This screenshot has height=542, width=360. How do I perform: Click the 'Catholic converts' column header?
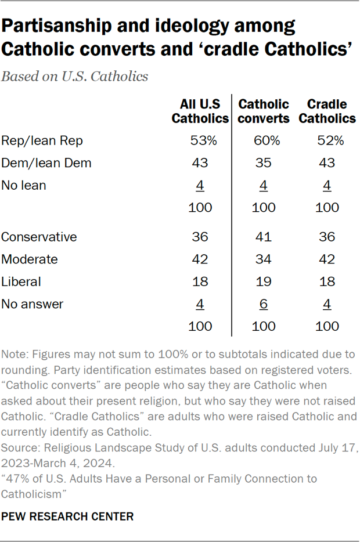tap(264, 111)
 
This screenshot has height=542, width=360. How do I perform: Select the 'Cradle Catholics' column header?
tap(327, 111)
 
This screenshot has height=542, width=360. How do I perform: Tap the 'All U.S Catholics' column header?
tap(200, 111)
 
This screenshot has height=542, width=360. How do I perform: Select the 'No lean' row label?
tap(24, 185)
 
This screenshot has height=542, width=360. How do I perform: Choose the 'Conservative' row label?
tap(39, 237)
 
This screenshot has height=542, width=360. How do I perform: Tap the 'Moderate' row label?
tap(30, 259)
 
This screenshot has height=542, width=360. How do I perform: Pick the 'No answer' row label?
tap(33, 303)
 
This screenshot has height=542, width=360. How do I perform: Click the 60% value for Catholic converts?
tap(264, 140)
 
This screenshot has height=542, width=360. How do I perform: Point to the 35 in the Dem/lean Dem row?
tap(264, 163)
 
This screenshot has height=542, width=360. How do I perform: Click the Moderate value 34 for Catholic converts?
tap(264, 259)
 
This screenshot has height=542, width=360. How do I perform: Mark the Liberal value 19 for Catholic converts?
tap(264, 281)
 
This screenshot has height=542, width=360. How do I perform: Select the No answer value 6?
tap(264, 303)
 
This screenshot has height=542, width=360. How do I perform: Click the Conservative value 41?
tap(264, 237)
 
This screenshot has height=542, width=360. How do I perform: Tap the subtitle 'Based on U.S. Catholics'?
tap(75, 77)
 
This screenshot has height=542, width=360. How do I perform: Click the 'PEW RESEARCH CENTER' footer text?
tap(68, 516)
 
